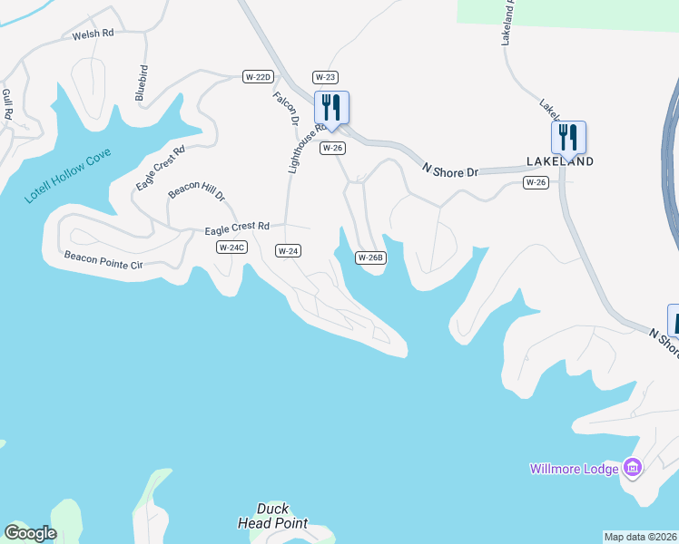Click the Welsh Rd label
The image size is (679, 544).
coord(93,34)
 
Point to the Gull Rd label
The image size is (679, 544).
coord(8,103)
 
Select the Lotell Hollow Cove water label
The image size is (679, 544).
coord(68,177)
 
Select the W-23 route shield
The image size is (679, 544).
coord(325,77)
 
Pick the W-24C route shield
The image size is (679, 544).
coord(231,248)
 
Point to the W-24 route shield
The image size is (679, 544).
coord(288,250)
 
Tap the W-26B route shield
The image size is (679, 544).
coord(370,257)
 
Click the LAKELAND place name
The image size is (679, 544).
coord(560,161)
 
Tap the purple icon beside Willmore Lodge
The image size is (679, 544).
coord(634,468)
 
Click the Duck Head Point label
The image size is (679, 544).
coord(272,516)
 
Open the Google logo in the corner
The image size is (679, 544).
coord(30,533)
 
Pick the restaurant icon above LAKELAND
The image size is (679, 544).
coord(568,138)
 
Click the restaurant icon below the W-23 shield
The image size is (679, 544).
coord(331,108)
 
